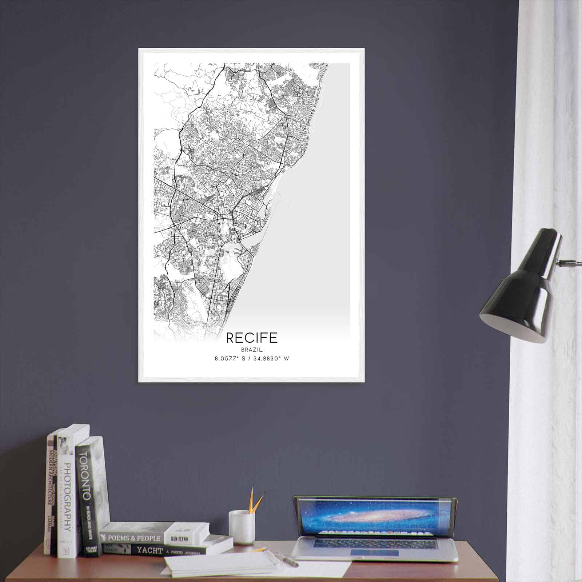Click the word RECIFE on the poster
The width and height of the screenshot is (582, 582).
point(252,338)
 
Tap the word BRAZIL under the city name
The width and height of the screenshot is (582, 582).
point(252,350)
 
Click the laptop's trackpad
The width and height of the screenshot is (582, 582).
point(374,553)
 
